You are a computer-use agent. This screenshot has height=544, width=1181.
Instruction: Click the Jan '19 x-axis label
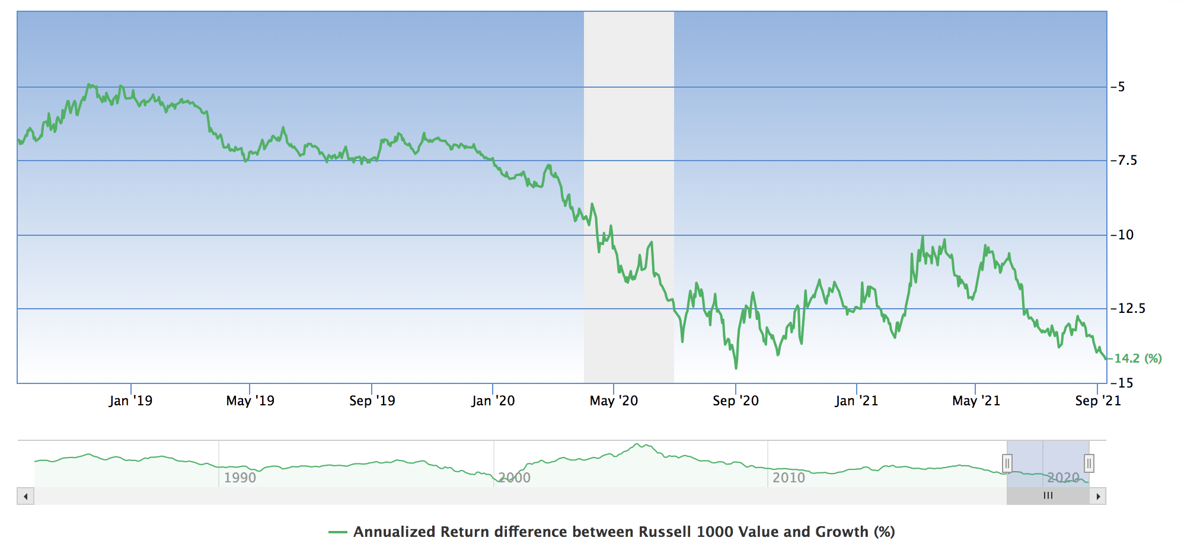click(130, 401)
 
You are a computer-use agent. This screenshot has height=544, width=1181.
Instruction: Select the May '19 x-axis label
click(250, 401)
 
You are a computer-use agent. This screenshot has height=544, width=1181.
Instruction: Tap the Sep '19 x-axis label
click(372, 401)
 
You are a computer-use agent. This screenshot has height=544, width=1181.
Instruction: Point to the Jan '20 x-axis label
click(493, 401)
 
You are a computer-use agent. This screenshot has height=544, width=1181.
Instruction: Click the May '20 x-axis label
click(614, 401)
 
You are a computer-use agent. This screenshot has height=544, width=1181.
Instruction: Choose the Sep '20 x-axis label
click(736, 401)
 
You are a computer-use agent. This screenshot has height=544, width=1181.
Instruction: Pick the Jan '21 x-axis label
click(857, 401)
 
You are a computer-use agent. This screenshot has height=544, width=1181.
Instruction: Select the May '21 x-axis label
click(976, 401)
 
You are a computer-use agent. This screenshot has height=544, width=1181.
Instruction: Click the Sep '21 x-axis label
click(1098, 401)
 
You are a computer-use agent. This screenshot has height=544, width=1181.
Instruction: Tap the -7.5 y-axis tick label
click(1123, 161)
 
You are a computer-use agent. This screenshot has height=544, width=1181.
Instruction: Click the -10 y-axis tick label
click(1122, 235)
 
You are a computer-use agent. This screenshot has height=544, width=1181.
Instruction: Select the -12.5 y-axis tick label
click(1128, 309)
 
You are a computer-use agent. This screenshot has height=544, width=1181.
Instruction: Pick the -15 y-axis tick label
click(1122, 383)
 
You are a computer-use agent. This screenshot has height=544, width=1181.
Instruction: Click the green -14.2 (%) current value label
click(1137, 359)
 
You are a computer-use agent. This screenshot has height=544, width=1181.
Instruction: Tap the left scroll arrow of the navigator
click(25, 496)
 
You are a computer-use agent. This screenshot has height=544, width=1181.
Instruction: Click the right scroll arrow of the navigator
click(1098, 496)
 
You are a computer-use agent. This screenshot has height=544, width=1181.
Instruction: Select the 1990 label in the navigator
click(240, 478)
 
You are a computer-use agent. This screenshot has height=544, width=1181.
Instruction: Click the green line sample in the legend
click(338, 532)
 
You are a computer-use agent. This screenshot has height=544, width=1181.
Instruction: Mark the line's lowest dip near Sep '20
click(736, 368)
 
